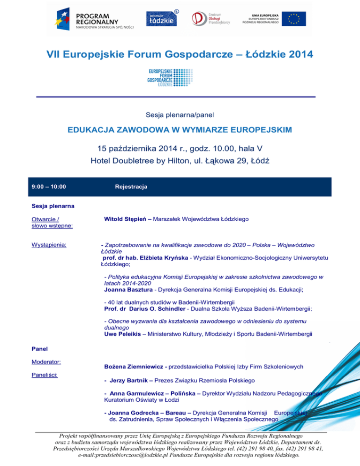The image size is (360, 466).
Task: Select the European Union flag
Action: (x=294, y=18)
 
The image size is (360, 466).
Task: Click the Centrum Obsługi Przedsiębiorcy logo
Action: (x=210, y=19)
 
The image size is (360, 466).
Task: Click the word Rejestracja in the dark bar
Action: (x=131, y=187)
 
